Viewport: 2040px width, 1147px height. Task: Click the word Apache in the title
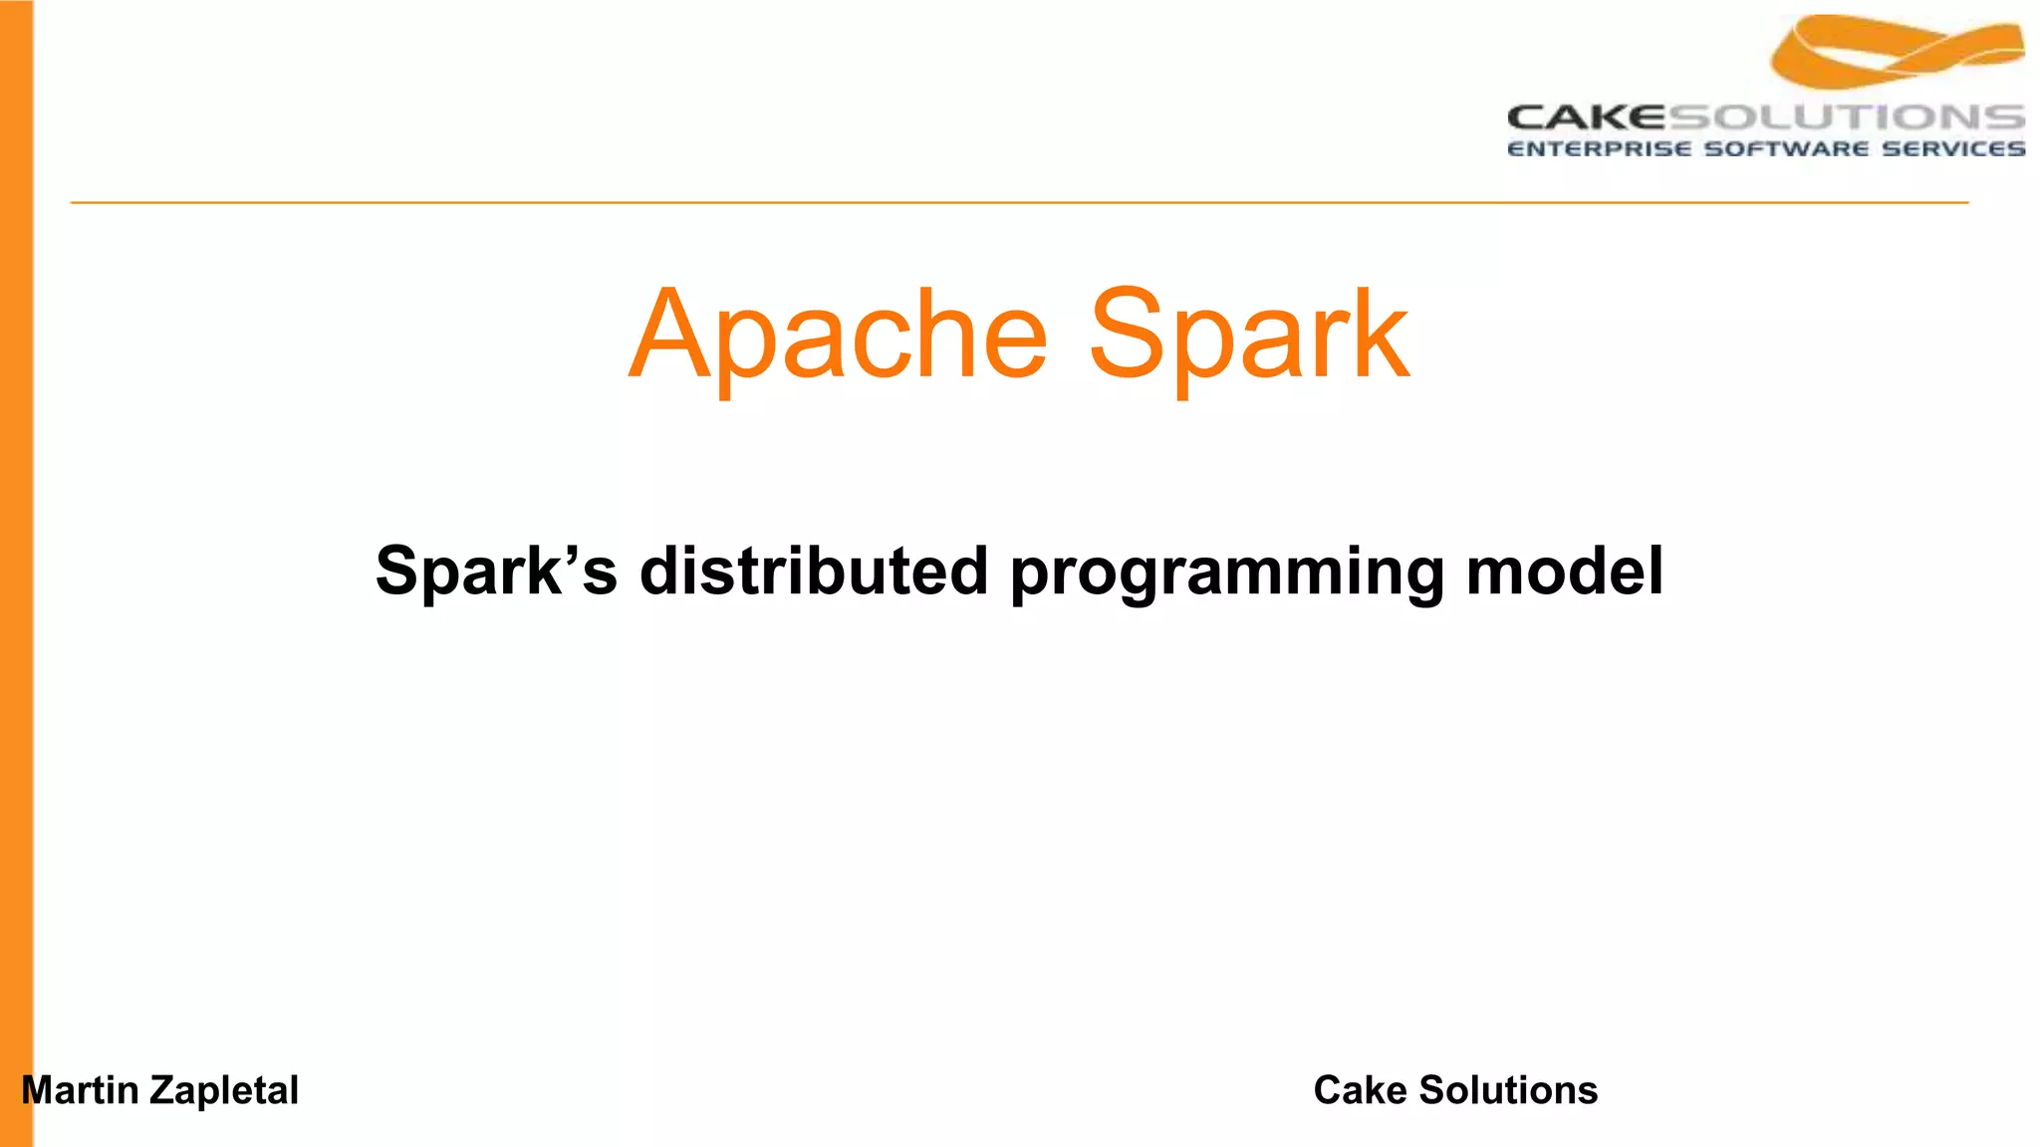click(x=839, y=336)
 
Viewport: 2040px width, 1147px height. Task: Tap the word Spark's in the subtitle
click(x=496, y=572)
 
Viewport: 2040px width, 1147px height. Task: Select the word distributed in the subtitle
click(x=814, y=572)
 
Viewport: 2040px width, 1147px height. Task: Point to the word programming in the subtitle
click(x=1227, y=573)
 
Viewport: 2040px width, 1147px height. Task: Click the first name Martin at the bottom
click(x=81, y=1090)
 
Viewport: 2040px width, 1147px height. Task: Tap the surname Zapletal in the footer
click(x=224, y=1091)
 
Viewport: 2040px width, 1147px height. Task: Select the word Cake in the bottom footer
click(x=1360, y=1090)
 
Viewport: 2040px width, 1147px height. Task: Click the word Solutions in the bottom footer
click(x=1508, y=1090)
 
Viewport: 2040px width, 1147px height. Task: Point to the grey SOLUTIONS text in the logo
click(x=1846, y=117)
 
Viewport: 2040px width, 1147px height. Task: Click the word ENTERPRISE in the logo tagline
click(x=1599, y=149)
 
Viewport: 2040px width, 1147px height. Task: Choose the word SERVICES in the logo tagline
click(x=1953, y=149)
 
